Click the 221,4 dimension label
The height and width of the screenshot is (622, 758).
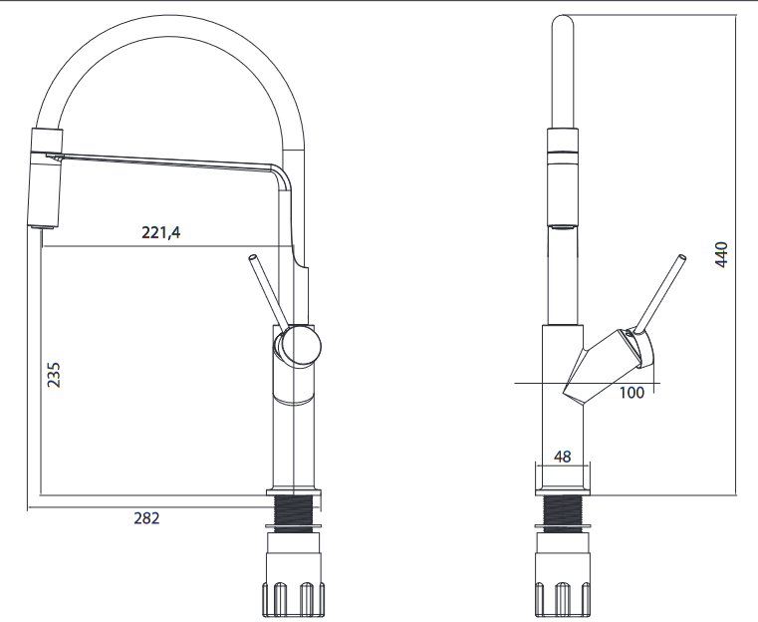pos(161,232)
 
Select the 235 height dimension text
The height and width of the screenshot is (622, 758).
pos(54,375)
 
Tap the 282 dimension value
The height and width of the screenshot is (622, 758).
pos(146,518)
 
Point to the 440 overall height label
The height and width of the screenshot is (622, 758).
pos(721,254)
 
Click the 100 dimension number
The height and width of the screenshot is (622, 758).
pos(632,393)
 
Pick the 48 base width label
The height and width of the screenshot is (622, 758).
pos(562,457)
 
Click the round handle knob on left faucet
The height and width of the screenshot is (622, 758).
pos(298,345)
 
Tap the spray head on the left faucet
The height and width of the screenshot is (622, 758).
pos(47,178)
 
